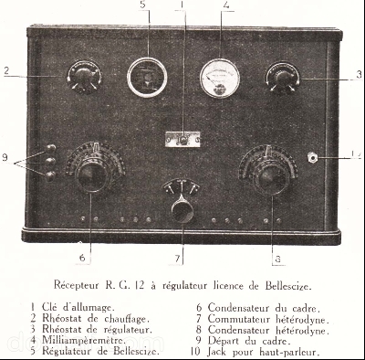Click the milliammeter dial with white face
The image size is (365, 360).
220,79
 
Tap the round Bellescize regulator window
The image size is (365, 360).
147,78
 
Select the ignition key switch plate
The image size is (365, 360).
182,140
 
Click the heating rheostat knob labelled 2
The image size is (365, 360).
85,77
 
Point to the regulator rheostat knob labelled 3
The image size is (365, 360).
283,79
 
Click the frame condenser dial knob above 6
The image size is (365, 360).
92,176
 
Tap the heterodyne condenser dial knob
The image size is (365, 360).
270,179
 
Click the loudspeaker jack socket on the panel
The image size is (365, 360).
312,157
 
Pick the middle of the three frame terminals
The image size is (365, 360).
50,162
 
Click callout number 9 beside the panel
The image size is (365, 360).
5,158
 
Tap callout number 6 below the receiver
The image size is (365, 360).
82,259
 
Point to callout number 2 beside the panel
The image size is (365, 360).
6,71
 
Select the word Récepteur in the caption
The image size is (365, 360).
76,286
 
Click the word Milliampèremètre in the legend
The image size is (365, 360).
84,340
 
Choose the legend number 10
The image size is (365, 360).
195,352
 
